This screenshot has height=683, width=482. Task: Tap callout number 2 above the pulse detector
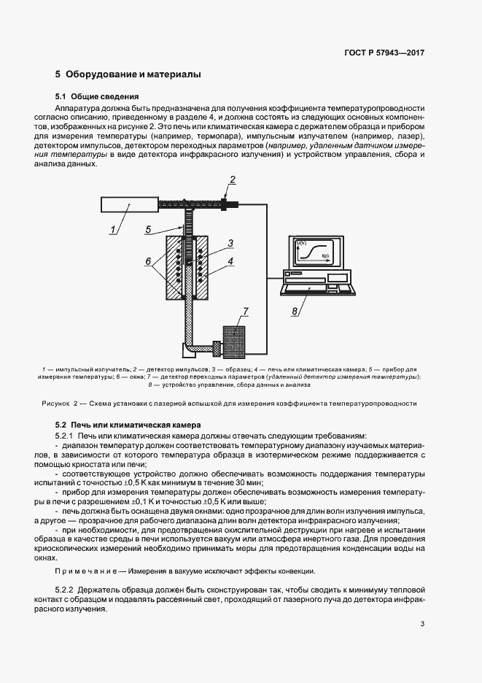click(x=233, y=180)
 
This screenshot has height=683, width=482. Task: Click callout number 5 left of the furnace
click(x=147, y=229)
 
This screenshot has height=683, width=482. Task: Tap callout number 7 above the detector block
click(x=246, y=312)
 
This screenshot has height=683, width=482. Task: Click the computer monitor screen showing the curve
click(x=319, y=252)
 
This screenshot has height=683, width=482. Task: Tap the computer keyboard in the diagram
click(x=319, y=288)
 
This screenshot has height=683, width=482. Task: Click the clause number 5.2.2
click(x=68, y=589)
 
